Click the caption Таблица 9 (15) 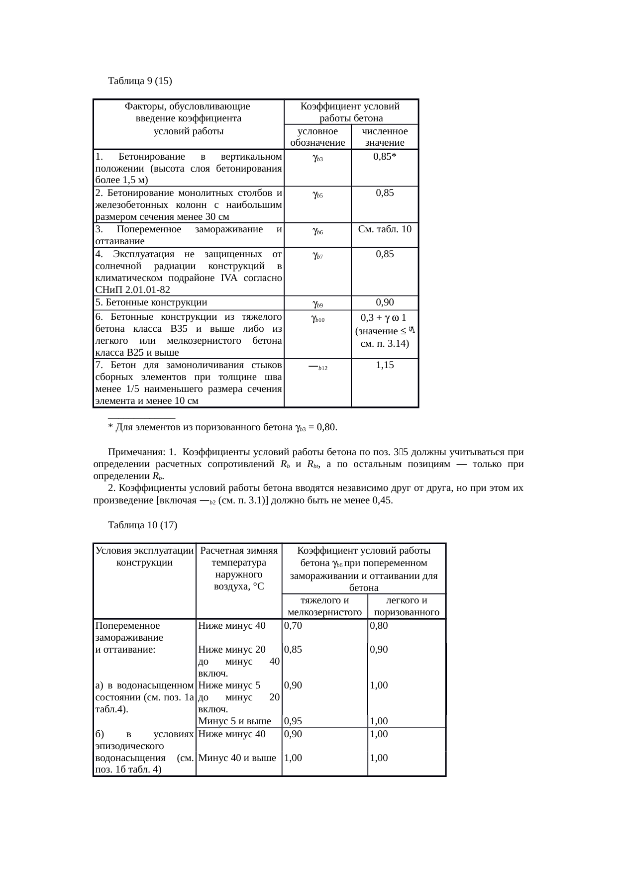[140, 80]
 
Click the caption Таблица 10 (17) [142, 525]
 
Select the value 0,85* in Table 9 [385, 156]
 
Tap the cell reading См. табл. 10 [385, 229]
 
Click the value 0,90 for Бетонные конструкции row [385, 302]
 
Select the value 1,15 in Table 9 [385, 365]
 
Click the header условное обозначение [317, 137]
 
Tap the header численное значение [385, 137]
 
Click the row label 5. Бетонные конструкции [151, 302]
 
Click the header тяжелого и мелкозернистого [324, 606]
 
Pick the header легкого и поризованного [407, 606]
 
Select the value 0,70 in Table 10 [293, 625]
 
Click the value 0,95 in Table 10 [293, 721]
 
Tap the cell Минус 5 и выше [234, 721]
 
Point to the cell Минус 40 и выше [237, 758]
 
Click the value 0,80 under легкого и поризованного [379, 625]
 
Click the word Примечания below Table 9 [136, 452]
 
